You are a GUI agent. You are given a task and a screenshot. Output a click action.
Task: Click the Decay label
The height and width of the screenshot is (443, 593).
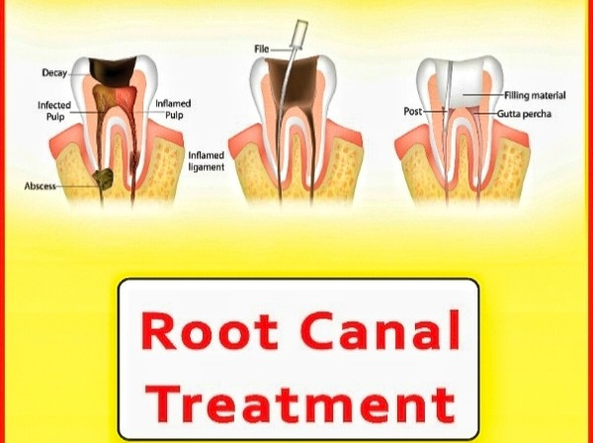(54, 72)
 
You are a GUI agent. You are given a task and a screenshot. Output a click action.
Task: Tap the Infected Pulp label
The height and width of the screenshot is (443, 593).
(54, 111)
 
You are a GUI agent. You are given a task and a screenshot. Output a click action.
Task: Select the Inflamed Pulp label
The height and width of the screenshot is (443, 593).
(173, 109)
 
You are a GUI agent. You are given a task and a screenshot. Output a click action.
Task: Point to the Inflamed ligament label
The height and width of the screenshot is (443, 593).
(207, 161)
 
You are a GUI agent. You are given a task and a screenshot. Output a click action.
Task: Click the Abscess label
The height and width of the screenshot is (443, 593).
(41, 186)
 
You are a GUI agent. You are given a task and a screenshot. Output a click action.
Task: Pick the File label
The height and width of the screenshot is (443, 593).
(262, 49)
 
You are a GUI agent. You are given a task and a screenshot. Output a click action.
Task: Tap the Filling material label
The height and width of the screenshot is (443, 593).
(535, 95)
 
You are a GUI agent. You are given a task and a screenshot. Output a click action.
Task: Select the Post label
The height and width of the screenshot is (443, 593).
(412, 111)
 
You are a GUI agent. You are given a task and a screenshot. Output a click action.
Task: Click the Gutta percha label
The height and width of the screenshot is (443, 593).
(524, 114)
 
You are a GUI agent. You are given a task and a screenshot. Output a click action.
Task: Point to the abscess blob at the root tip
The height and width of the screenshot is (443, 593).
(103, 179)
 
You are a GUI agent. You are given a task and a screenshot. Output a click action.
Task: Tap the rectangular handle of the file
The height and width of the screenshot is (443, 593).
(300, 34)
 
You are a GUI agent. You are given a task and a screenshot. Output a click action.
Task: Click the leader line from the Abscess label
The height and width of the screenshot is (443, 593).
(76, 186)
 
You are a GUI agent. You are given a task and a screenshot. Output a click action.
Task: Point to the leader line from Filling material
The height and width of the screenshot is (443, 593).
(483, 95)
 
